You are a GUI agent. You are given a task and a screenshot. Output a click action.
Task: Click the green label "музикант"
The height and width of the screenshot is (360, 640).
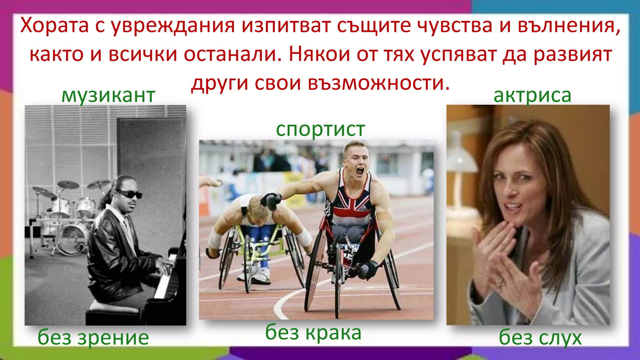point(108,95)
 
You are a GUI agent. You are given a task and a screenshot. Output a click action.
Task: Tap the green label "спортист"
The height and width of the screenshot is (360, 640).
point(320,129)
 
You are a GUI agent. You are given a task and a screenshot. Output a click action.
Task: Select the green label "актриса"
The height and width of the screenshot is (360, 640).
point(532,95)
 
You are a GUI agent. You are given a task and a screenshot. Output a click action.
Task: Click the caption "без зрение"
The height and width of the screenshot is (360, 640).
point(93,337)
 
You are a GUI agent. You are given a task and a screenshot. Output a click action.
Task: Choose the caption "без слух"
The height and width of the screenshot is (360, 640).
point(540,337)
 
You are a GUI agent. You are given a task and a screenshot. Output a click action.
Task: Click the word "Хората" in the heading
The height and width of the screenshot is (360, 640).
point(54,26)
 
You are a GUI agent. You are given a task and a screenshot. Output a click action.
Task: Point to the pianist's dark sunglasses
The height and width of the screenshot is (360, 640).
point(130,195)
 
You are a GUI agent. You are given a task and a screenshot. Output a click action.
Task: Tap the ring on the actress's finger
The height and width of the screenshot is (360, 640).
point(502,283)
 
